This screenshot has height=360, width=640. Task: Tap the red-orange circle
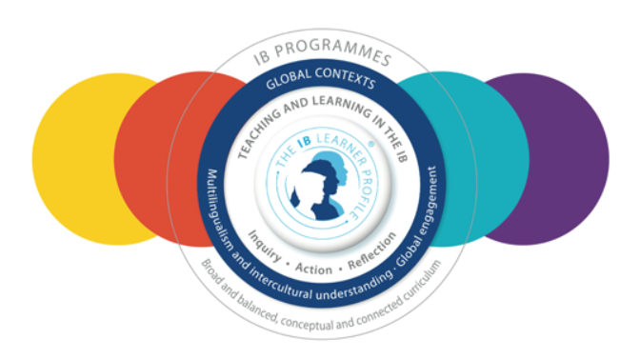click(163, 159)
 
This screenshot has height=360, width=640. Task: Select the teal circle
click(482, 159)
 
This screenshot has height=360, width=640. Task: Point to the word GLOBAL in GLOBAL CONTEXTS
click(289, 79)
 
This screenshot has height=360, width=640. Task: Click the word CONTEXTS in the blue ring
click(346, 76)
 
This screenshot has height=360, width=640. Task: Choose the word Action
click(313, 269)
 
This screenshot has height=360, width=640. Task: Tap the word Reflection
click(372, 250)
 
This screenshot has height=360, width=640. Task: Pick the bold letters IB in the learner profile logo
click(305, 143)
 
